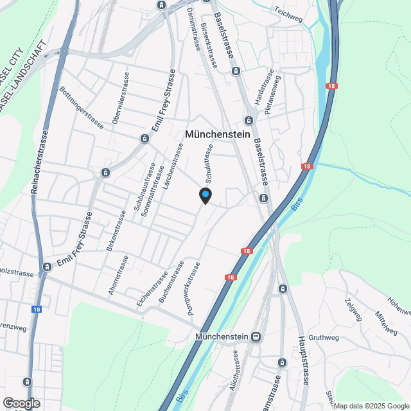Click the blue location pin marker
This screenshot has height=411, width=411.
pos(205,195)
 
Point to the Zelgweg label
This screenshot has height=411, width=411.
pos(353,310)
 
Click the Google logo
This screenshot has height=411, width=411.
pos(21,403)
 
